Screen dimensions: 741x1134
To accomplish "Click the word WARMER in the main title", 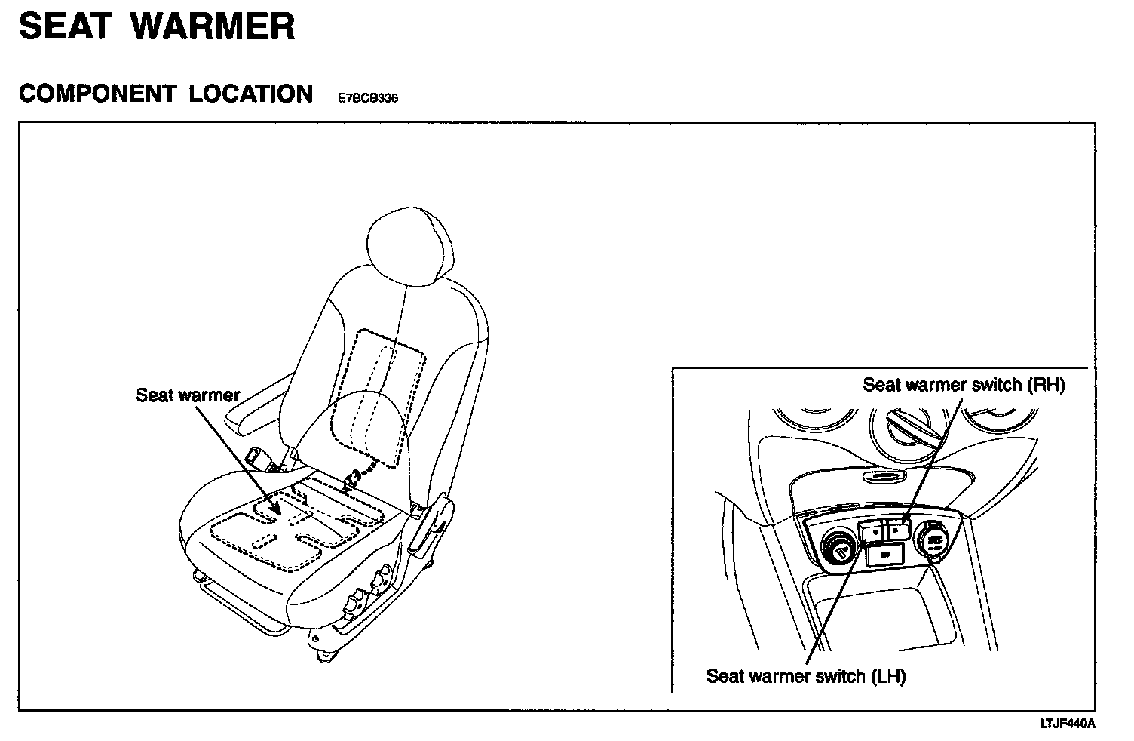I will click(213, 27).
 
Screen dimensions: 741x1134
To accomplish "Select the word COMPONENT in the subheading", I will click(97, 94).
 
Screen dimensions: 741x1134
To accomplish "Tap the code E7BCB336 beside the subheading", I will click(368, 98).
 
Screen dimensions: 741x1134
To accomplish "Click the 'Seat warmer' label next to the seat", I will click(188, 395).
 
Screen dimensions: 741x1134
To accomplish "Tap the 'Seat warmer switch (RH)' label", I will click(964, 385).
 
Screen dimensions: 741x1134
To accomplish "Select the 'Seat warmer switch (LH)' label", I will click(805, 675).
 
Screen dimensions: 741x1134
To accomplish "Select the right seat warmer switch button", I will click(896, 530).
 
